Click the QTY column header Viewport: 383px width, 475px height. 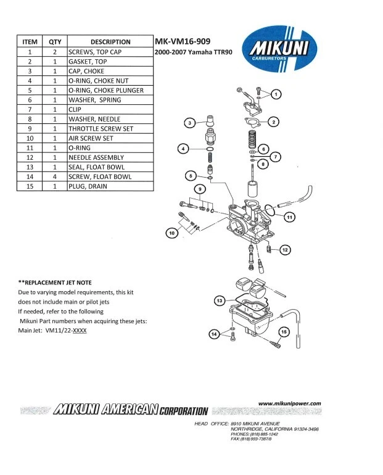pyautogui.click(x=54, y=42)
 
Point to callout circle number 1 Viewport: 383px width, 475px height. pyautogui.click(x=276, y=94)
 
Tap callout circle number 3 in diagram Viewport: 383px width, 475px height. pyautogui.click(x=191, y=123)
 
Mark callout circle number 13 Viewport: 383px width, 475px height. pyautogui.click(x=220, y=300)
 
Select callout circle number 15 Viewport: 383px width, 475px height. pyautogui.click(x=284, y=332)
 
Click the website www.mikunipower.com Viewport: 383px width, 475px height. pyautogui.click(x=290, y=403)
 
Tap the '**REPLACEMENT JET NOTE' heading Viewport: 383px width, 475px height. pyautogui.click(x=55, y=282)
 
